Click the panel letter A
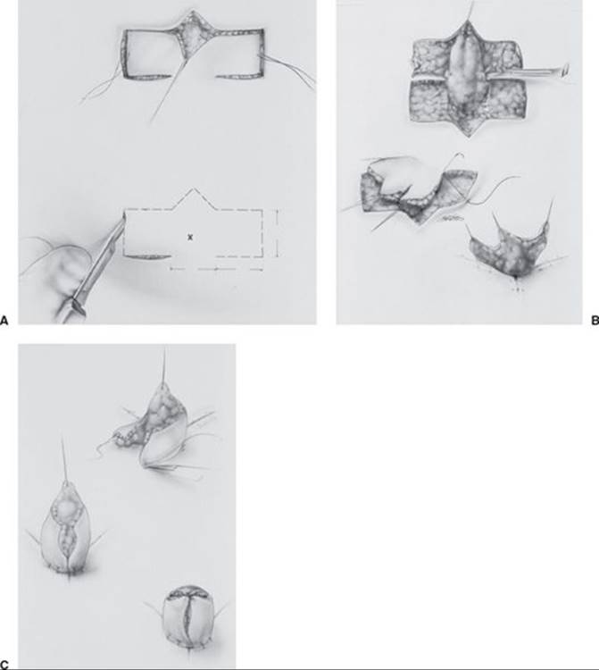coord(4,320)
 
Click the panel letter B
coord(595,320)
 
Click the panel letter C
coord(4,665)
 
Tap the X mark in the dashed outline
coord(190,237)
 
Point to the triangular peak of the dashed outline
coord(194,188)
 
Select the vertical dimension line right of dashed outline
coord(278,233)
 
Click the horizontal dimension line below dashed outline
coord(216,269)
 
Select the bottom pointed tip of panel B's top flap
coord(469,137)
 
